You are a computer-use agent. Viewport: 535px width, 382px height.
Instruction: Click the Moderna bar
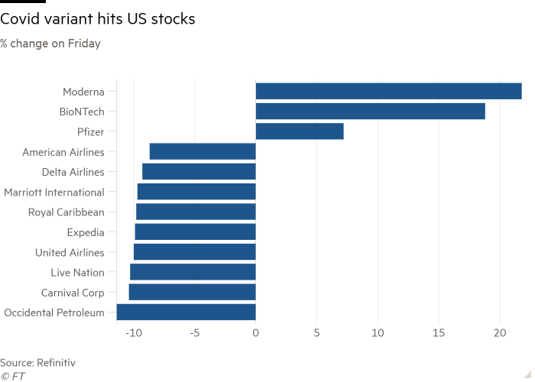click(x=388, y=92)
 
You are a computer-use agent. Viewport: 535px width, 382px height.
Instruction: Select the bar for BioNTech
click(x=370, y=112)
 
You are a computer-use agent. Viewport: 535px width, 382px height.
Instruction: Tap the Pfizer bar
click(x=300, y=131)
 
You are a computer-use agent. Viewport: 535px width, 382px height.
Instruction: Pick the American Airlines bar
click(x=202, y=151)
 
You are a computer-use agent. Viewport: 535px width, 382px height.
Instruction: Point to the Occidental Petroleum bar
click(x=186, y=312)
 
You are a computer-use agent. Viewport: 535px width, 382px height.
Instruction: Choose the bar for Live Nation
click(x=193, y=272)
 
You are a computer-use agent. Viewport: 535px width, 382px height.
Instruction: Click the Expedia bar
click(x=194, y=231)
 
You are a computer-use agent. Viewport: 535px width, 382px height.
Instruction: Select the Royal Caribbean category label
click(x=66, y=212)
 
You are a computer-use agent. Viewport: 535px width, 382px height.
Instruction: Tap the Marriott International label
click(x=54, y=192)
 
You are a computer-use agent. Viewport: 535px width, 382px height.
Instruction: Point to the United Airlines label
click(x=70, y=252)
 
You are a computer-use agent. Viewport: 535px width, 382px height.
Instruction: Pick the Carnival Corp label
click(x=73, y=292)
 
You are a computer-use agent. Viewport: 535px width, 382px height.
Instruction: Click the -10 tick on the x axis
click(x=133, y=333)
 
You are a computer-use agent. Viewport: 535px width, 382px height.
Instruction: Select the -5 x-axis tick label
click(x=194, y=333)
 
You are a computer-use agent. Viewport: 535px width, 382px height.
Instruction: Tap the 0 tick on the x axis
click(x=255, y=333)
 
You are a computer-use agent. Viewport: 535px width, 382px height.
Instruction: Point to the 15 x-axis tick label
click(x=439, y=333)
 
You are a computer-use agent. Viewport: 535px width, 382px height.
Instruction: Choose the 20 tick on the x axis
click(x=500, y=333)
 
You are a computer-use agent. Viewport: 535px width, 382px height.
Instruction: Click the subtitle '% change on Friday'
click(x=50, y=44)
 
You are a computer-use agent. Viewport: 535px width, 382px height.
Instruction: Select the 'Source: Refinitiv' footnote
click(x=38, y=362)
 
